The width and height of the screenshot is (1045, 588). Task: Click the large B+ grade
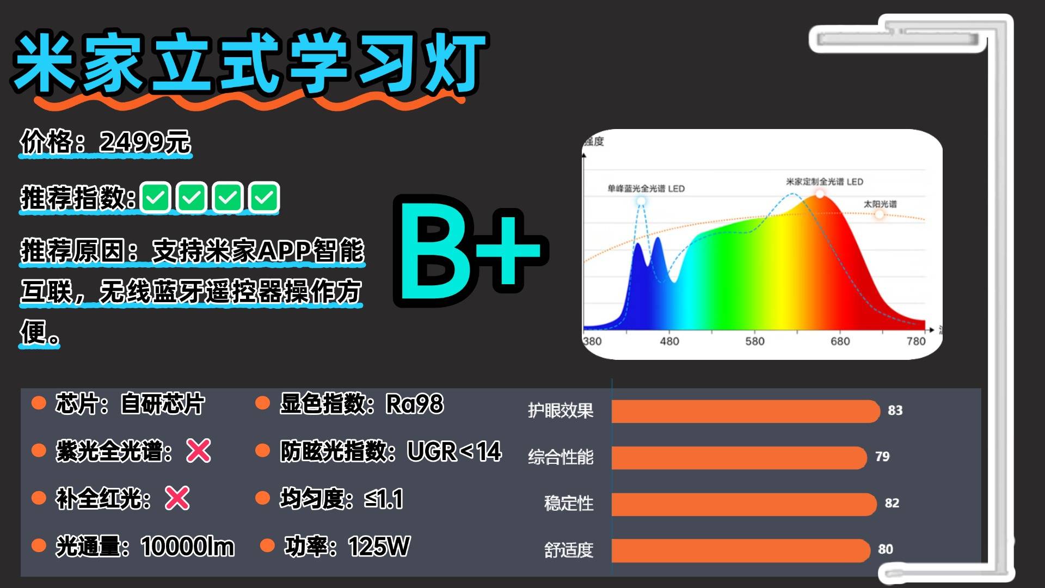click(x=471, y=250)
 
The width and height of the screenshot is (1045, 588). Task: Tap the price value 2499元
click(x=145, y=142)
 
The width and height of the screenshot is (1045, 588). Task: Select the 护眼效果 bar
click(x=746, y=411)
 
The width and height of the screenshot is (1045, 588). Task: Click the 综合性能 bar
click(x=739, y=457)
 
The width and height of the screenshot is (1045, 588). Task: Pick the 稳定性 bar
click(x=744, y=504)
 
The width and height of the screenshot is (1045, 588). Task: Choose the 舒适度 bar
click(x=741, y=550)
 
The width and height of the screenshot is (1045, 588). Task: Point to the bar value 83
click(x=895, y=411)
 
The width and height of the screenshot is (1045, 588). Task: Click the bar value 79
click(x=882, y=457)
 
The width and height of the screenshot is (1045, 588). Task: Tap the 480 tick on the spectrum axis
click(x=669, y=341)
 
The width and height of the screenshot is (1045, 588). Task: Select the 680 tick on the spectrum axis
click(x=840, y=341)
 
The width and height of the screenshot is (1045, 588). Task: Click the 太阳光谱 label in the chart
click(x=880, y=204)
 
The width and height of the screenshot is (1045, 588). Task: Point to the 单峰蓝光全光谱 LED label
click(x=646, y=188)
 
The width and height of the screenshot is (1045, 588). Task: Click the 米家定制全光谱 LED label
click(x=825, y=181)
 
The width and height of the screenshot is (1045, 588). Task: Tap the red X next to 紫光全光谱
click(x=199, y=451)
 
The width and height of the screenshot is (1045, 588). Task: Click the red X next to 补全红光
click(x=177, y=498)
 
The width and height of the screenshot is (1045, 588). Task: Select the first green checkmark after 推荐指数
click(x=155, y=197)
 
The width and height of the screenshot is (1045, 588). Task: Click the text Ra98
click(x=415, y=404)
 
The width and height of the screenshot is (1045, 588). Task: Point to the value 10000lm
click(x=188, y=546)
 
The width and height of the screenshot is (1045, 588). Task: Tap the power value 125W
click(x=379, y=546)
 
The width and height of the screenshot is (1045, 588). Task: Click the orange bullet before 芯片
click(x=39, y=403)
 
